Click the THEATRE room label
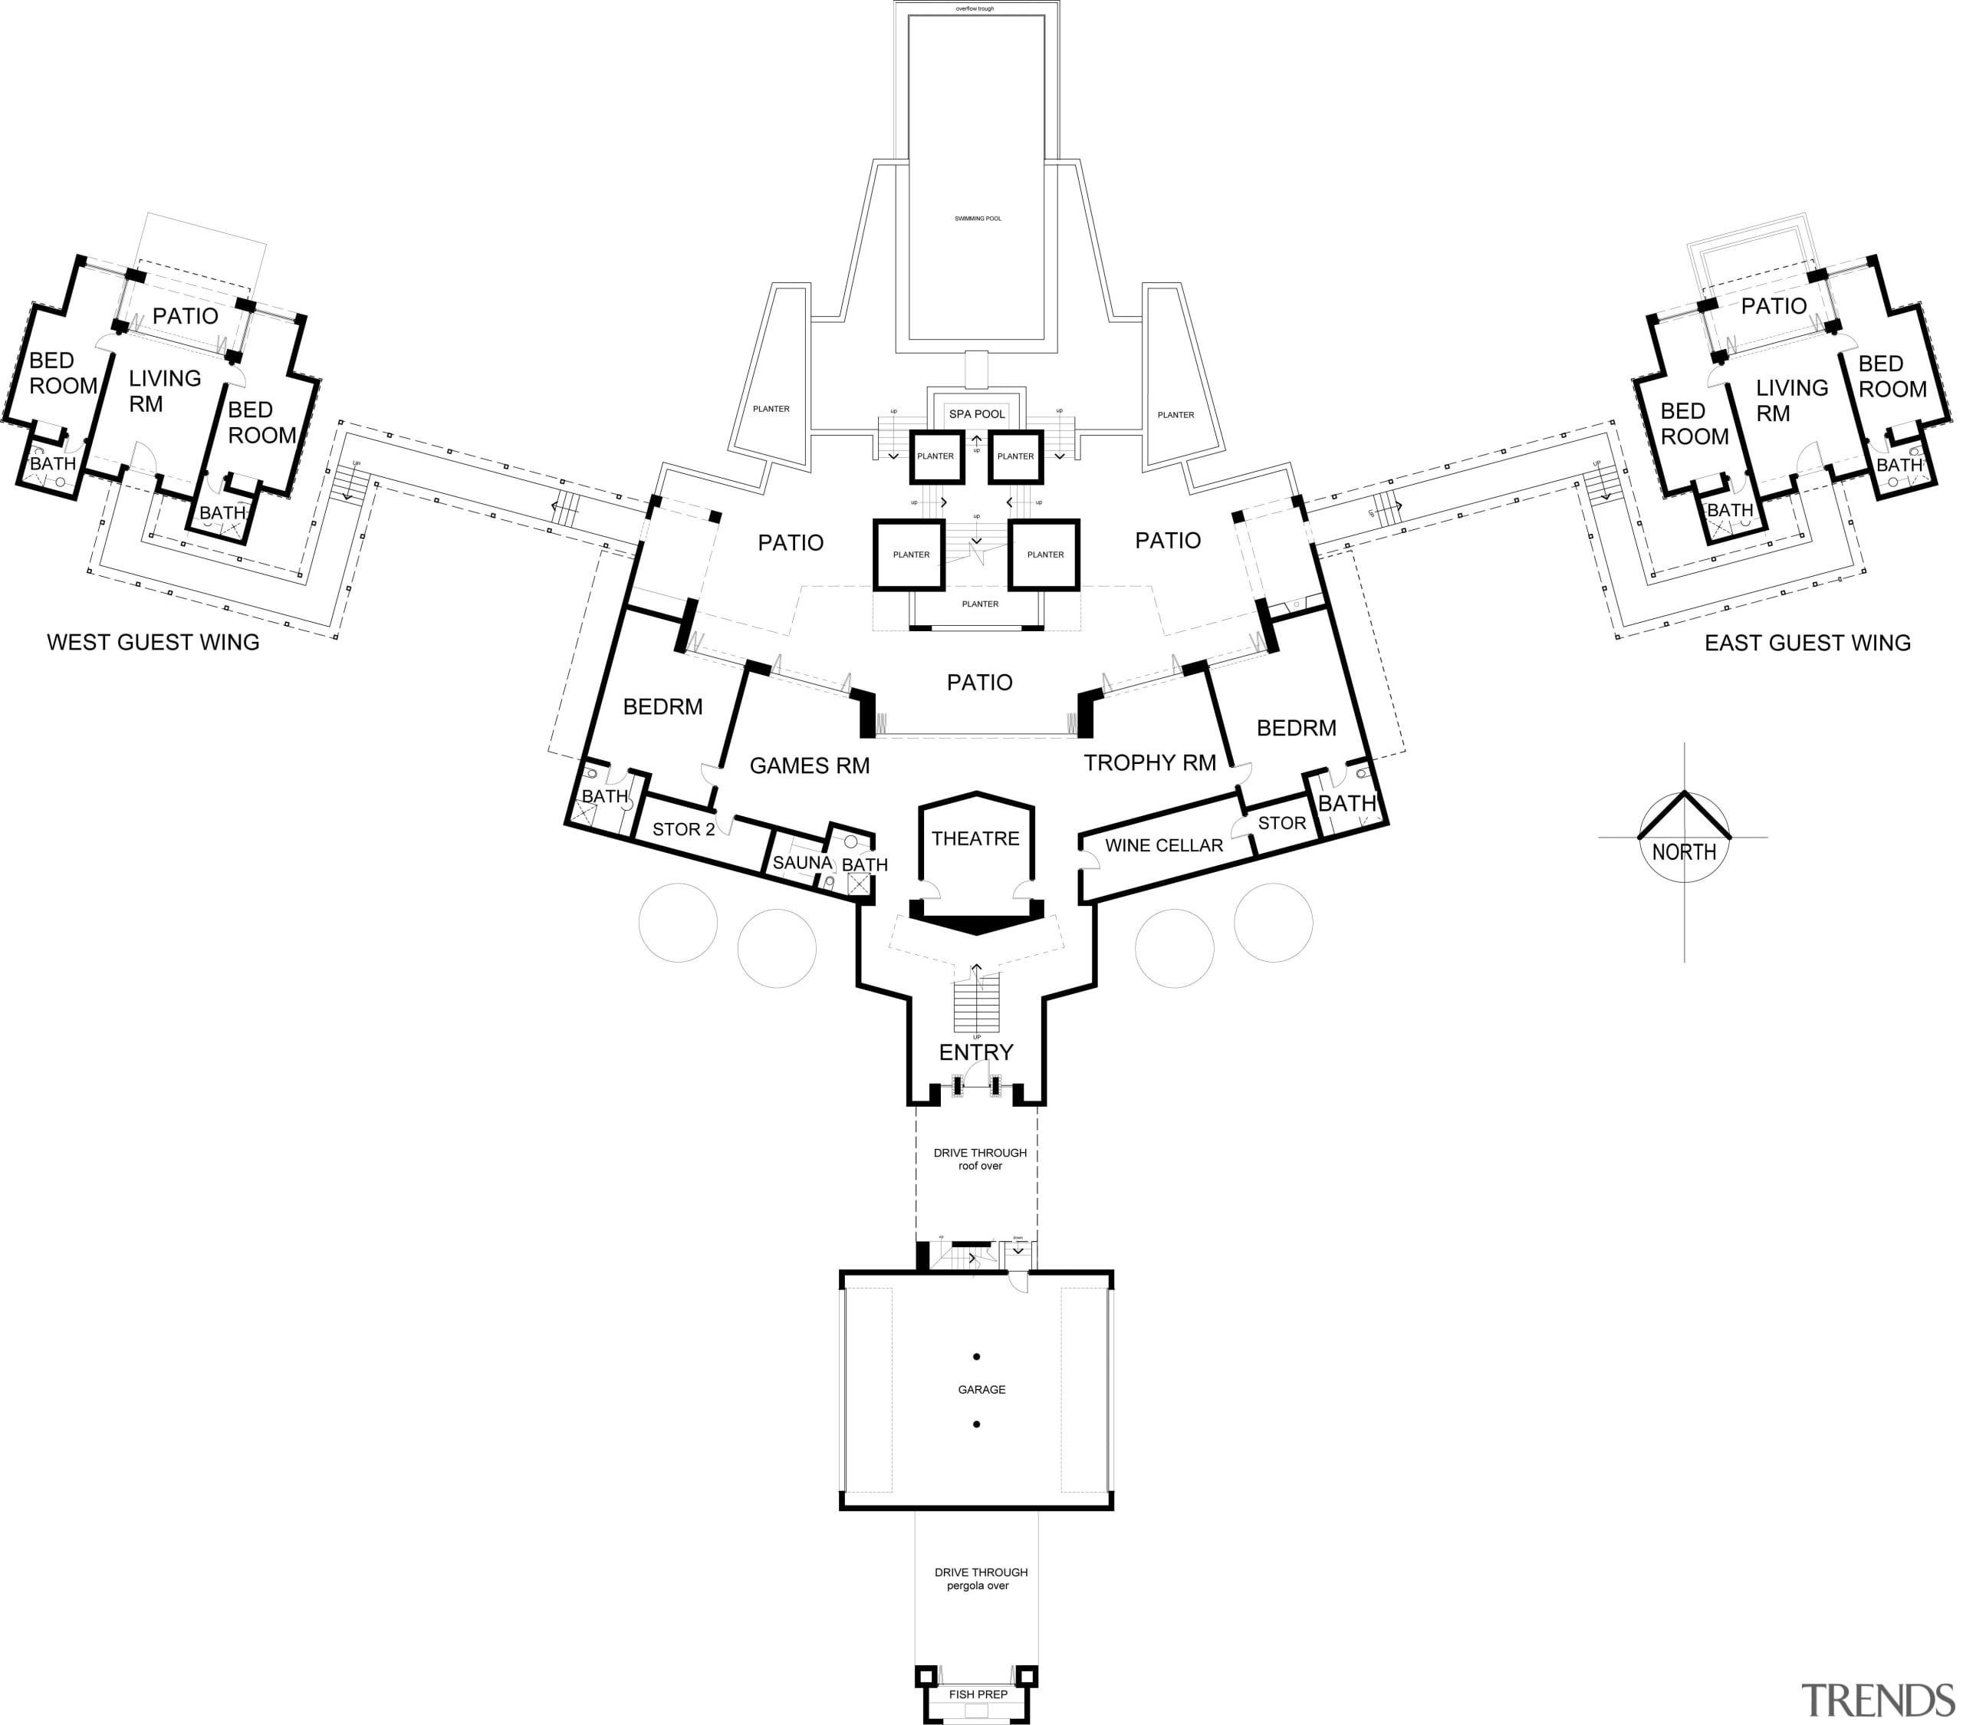[x=975, y=838]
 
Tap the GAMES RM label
[x=810, y=765]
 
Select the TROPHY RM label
[x=1149, y=762]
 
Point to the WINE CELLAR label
[x=1164, y=845]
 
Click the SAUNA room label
[x=802, y=862]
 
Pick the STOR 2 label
[x=684, y=829]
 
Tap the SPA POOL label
[x=977, y=414]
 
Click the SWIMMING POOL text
[x=978, y=219]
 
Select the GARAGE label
[x=981, y=1390]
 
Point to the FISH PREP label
[x=978, y=1694]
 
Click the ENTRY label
[x=975, y=1052]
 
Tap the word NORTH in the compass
[x=1685, y=852]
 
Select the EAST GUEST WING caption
[x=1807, y=643]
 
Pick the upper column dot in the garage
[x=977, y=1357]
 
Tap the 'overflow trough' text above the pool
[x=975, y=8]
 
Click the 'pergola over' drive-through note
[x=978, y=1585]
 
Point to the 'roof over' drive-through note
[x=979, y=1166]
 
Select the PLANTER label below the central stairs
[x=979, y=604]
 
